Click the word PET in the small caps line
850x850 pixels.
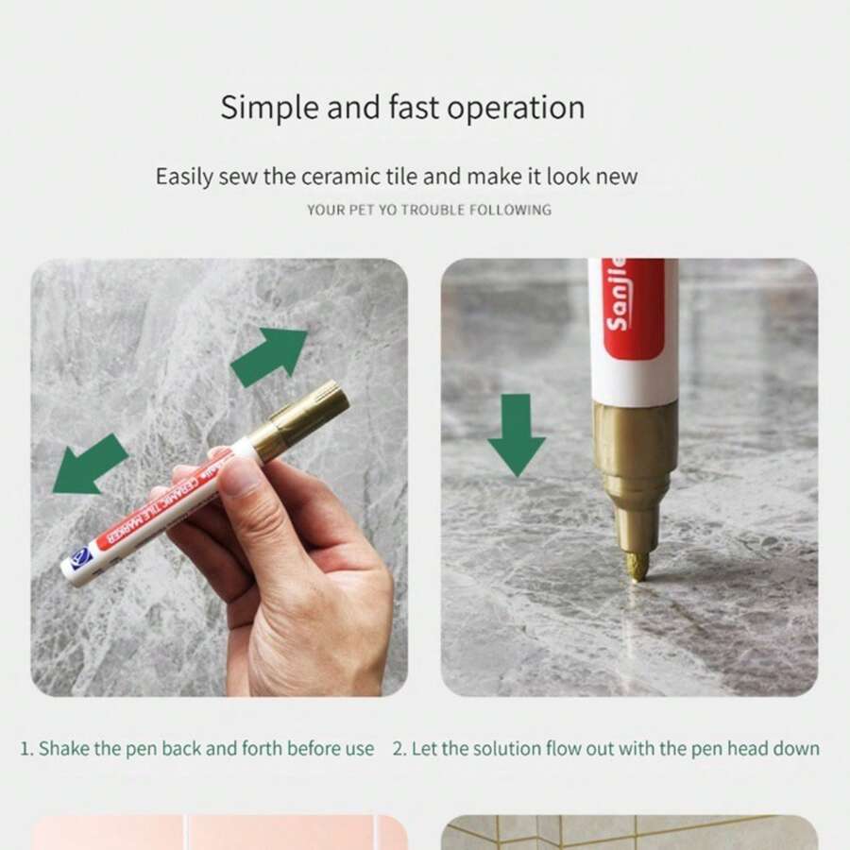pos(364,210)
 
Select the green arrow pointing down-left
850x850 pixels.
pos(89,464)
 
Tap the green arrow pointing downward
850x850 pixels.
pos(516,433)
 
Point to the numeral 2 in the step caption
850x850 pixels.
pos(398,749)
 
